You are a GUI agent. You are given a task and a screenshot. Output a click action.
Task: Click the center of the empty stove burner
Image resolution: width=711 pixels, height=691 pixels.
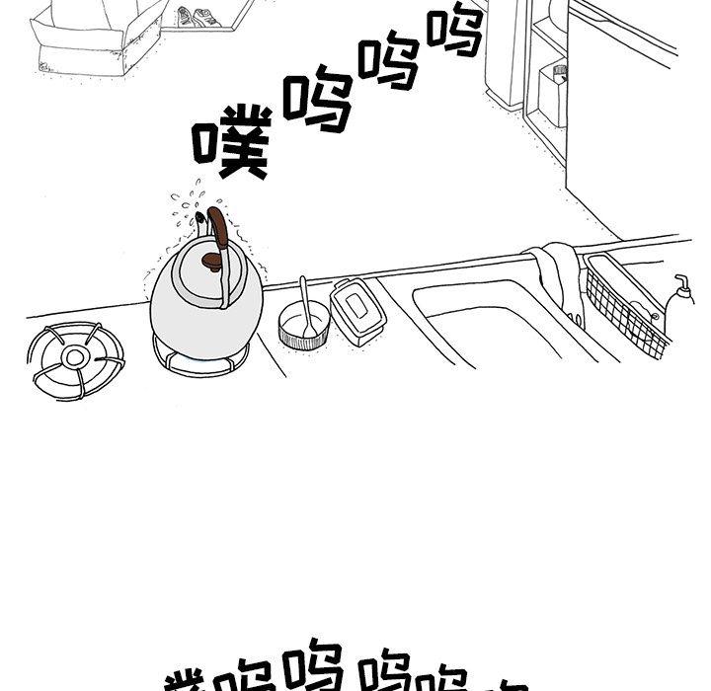click(76, 354)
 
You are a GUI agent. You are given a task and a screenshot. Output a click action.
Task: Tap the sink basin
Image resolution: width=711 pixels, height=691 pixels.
click(494, 321)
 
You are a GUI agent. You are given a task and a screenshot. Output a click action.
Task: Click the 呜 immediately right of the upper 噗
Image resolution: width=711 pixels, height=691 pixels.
click(317, 100)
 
